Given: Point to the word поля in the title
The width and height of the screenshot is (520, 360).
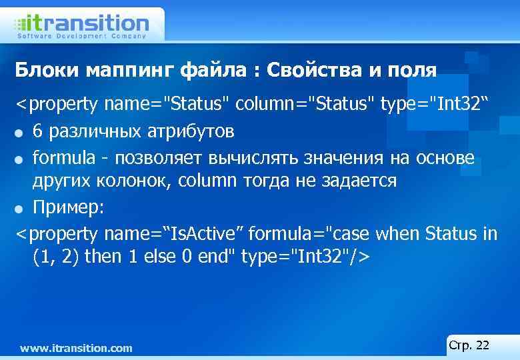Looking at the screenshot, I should click(x=411, y=70).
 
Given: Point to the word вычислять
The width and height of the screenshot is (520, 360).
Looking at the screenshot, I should click(x=267, y=157).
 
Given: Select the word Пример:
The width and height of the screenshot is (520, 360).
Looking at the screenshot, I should click(x=69, y=207).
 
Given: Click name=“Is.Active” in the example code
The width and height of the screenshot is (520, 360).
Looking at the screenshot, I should click(x=175, y=233).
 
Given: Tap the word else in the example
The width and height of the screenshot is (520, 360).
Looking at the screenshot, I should click(x=157, y=256).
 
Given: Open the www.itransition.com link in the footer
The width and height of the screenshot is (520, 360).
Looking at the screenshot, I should click(x=77, y=348).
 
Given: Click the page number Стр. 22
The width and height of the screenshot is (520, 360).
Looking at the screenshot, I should click(x=469, y=345).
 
